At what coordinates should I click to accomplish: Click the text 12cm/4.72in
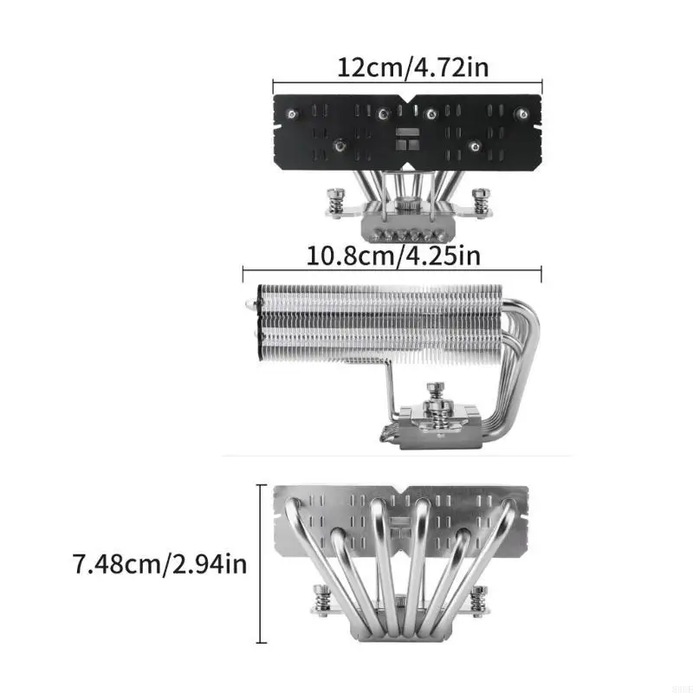[407, 68]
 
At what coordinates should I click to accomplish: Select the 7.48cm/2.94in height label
[161, 566]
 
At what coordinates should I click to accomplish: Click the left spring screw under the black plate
[334, 200]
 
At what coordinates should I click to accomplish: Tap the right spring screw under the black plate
[479, 200]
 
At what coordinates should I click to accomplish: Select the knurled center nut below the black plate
[405, 208]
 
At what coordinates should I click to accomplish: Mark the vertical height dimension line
[262, 564]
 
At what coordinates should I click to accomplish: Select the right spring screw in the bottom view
[478, 598]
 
